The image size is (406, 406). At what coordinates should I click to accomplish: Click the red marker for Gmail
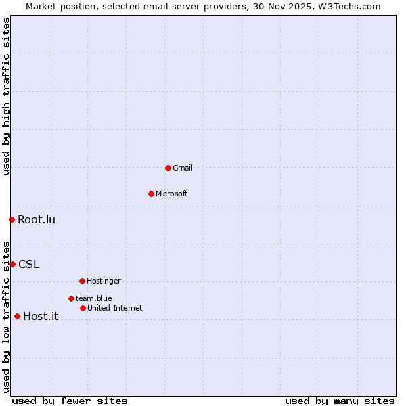pos(168,168)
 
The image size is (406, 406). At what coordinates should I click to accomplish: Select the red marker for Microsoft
pos(151,194)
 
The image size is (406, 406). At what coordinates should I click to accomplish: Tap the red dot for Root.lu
pos(12,219)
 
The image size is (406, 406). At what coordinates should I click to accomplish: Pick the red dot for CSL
pos(12,264)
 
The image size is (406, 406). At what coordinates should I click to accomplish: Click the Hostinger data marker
pos(82,281)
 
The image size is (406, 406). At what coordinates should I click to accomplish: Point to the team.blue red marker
pos(71,298)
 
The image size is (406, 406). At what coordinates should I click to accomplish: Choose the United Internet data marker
pos(83,308)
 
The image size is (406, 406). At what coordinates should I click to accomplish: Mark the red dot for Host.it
pos(17,316)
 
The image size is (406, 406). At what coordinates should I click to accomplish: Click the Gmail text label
pos(183,168)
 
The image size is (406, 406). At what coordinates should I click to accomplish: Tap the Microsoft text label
pos(171,194)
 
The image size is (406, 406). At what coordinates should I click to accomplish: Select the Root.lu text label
pos(37,219)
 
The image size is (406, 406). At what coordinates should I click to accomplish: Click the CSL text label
pos(28,264)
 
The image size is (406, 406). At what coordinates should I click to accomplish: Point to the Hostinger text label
pos(104,281)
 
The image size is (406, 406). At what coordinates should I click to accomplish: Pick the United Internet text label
pos(114,308)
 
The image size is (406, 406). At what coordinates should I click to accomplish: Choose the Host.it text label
pos(41,316)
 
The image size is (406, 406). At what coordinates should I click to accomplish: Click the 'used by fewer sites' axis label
pos(70,401)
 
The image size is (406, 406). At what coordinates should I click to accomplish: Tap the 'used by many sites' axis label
pos(339,401)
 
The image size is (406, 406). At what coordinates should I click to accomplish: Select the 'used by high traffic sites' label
pos(6,96)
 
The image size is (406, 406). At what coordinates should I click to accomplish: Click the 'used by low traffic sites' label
pos(6,316)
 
